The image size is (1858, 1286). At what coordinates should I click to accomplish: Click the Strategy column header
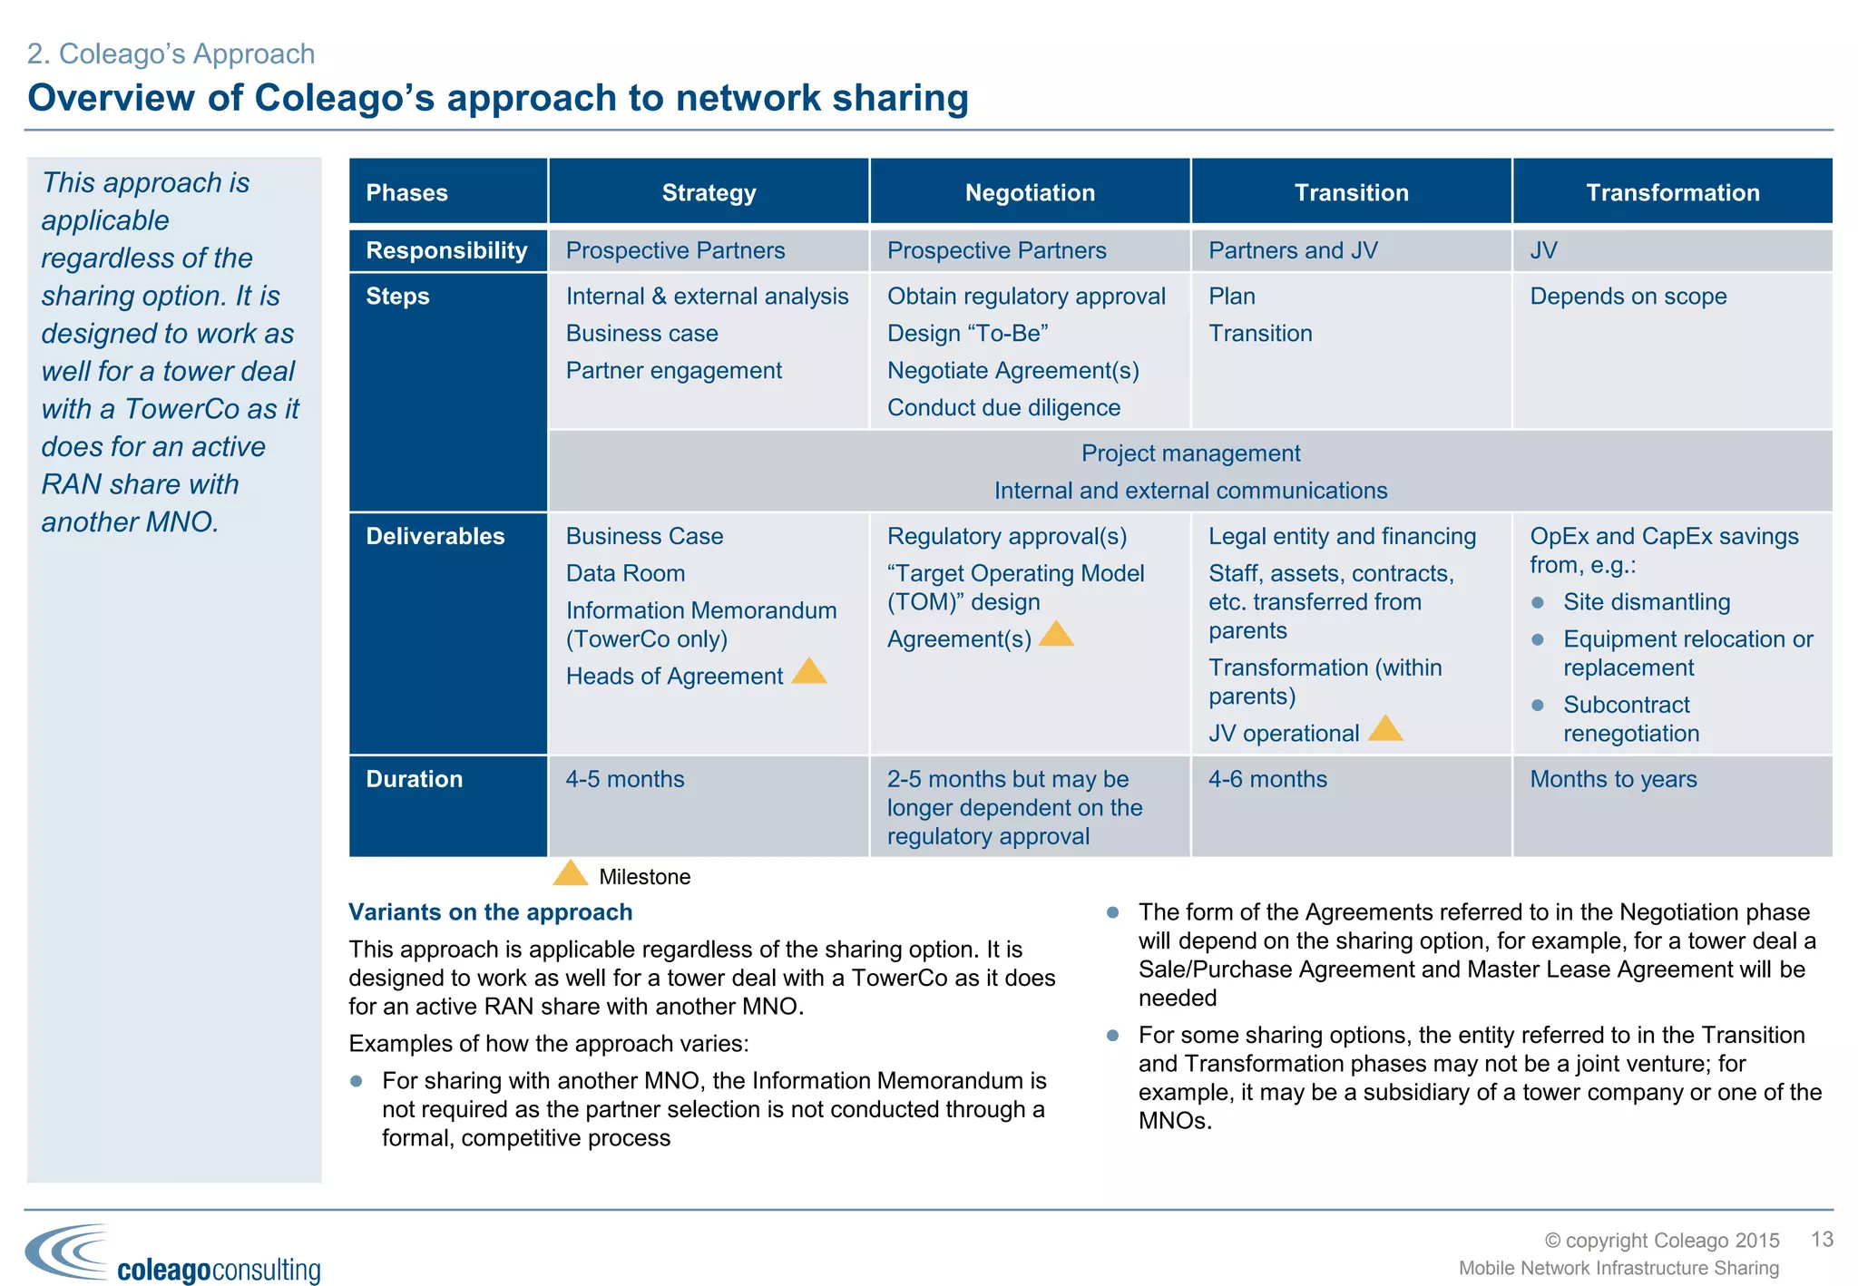(709, 192)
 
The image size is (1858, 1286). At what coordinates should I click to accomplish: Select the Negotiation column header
(1030, 192)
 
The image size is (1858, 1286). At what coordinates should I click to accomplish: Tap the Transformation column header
(1672, 192)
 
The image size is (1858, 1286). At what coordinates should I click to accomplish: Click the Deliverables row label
(435, 536)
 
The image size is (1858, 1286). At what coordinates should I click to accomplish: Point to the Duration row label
(415, 779)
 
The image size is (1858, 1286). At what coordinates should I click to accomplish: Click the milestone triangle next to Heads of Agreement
(809, 672)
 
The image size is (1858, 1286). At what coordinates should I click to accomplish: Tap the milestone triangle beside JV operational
(1385, 729)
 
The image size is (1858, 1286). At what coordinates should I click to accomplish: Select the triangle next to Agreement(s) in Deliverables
(1056, 635)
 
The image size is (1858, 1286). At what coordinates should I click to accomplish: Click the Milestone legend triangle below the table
(571, 874)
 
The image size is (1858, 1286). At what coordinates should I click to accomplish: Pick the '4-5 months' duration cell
(625, 779)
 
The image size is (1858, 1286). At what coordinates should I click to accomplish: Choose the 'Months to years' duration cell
(1613, 779)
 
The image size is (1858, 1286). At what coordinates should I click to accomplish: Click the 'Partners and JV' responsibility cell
(1293, 250)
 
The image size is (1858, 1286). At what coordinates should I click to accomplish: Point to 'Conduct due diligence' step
(1003, 408)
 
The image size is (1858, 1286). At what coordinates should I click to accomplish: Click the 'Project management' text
(1190, 453)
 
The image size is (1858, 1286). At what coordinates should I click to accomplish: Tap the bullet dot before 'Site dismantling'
(1538, 602)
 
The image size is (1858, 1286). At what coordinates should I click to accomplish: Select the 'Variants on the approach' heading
(491, 912)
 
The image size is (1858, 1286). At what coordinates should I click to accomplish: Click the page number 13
(1822, 1240)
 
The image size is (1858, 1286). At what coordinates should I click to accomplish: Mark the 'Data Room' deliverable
(625, 573)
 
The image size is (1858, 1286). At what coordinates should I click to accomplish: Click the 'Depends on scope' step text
(1628, 297)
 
